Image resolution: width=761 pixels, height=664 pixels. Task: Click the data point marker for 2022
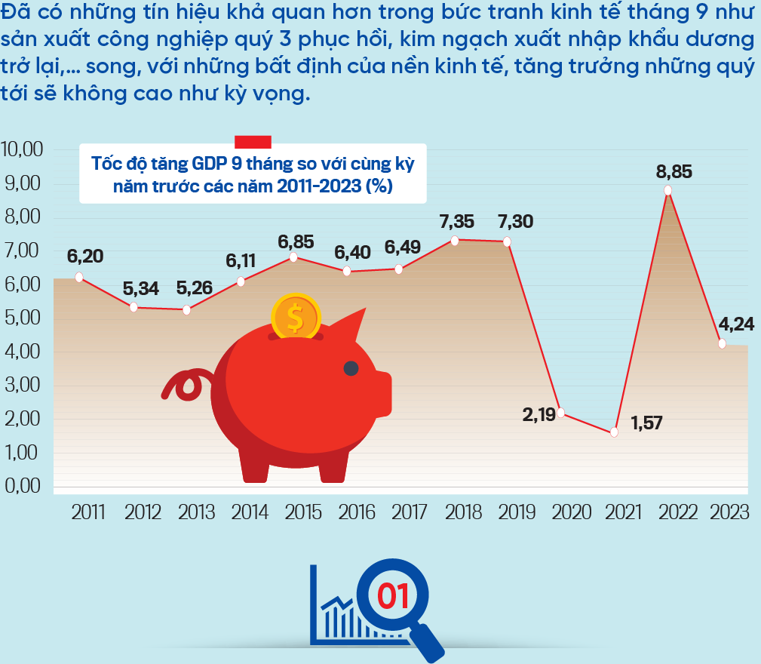click(x=667, y=190)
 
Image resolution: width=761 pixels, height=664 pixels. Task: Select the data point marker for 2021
click(x=614, y=432)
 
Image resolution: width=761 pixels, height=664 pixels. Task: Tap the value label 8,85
click(x=674, y=171)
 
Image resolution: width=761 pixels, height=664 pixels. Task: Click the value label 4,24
click(x=736, y=324)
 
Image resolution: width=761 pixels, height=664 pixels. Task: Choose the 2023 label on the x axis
click(x=730, y=512)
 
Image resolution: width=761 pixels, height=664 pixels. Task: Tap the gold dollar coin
click(x=296, y=318)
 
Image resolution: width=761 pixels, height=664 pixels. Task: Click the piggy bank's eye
click(x=351, y=368)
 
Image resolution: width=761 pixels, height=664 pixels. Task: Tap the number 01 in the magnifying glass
click(x=391, y=596)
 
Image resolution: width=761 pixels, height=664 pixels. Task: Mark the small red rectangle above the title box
click(x=253, y=141)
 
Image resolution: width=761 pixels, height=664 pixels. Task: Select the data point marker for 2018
click(x=454, y=241)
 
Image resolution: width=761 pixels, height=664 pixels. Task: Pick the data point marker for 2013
click(x=186, y=310)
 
